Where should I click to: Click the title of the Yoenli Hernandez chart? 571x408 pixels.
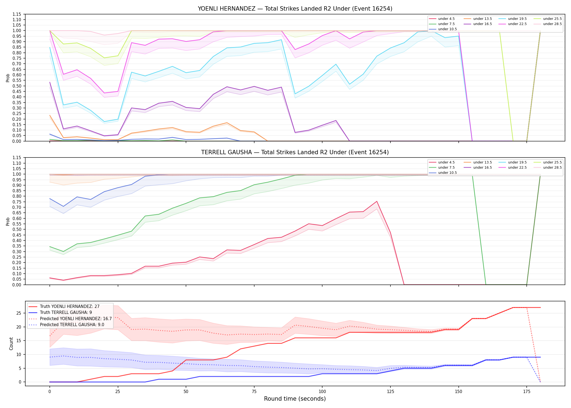295,9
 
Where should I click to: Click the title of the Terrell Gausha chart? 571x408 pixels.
295,152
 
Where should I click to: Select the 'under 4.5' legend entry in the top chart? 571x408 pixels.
442,19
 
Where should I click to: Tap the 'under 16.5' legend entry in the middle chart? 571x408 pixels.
478,168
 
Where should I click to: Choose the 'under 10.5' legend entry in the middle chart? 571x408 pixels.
443,173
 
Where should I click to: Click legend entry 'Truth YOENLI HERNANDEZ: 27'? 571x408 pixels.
64,307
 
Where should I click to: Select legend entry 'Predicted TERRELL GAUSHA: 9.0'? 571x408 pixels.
67,324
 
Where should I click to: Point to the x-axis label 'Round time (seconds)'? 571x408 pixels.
295,399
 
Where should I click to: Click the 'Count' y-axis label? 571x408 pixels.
11,344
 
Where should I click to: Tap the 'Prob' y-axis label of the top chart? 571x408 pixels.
8,78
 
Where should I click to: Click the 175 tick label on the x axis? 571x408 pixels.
527,392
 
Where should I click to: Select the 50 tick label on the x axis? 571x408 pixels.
186,392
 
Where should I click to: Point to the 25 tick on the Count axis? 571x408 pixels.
19,313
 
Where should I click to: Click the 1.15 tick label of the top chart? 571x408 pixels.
17,14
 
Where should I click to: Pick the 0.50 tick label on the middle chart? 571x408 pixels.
17,229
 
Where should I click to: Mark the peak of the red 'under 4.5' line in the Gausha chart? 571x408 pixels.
377,201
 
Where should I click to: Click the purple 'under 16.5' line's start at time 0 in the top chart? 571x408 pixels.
50,82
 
